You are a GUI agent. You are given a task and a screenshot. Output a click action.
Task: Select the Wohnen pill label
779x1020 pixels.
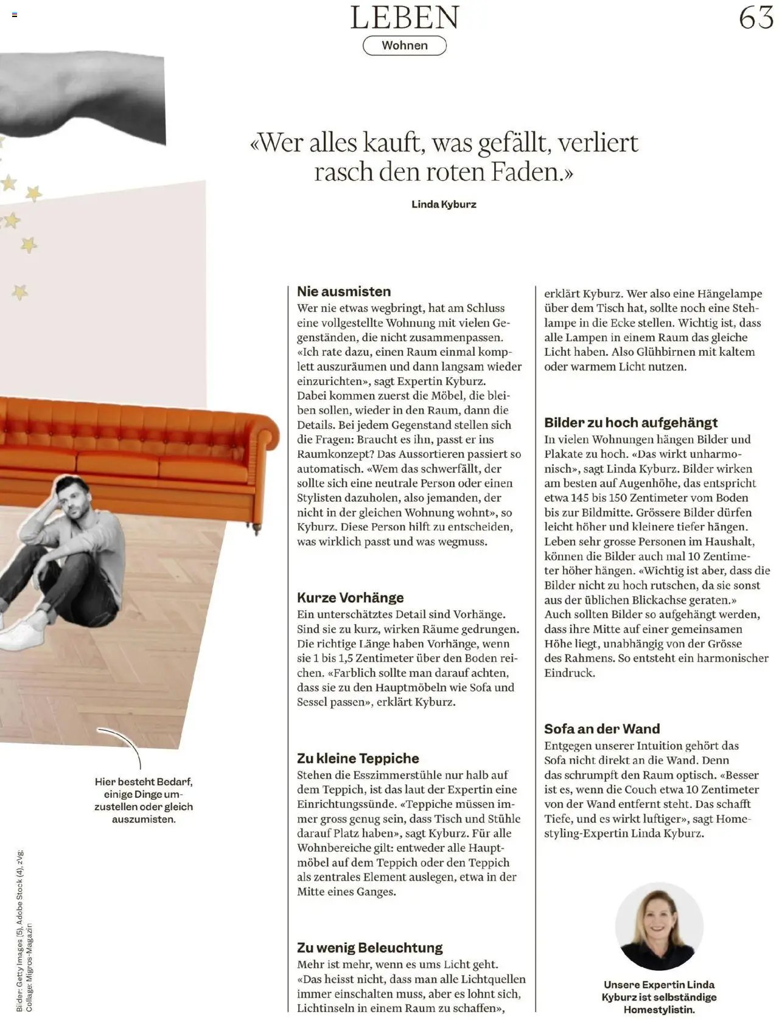click(405, 46)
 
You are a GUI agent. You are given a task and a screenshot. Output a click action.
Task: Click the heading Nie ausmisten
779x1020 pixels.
click(344, 291)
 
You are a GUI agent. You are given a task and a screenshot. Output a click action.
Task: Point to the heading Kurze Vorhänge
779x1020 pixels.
click(350, 597)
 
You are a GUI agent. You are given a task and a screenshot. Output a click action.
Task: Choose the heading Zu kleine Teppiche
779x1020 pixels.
click(358, 758)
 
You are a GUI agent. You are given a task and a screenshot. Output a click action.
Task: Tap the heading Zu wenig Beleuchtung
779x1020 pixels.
click(369, 947)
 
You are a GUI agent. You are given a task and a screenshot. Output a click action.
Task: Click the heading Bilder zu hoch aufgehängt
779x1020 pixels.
click(631, 422)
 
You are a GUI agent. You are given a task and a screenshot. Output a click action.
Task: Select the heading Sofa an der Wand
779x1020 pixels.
click(602, 729)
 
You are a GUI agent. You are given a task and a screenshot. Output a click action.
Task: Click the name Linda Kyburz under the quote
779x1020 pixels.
click(444, 204)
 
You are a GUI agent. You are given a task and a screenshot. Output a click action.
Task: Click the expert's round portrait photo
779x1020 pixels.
click(658, 927)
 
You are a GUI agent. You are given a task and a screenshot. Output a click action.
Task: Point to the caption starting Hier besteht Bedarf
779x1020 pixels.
click(144, 800)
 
